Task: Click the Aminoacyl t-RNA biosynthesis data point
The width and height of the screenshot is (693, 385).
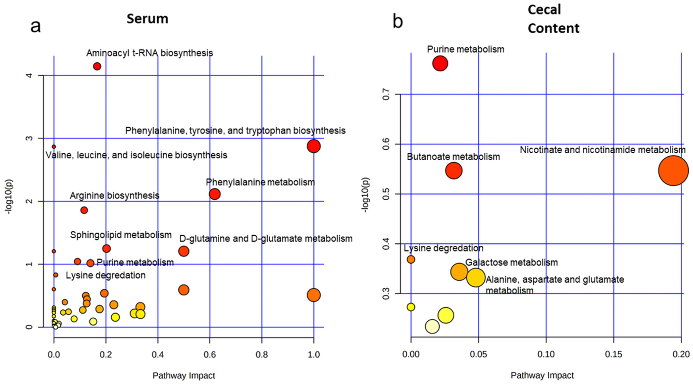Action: click(97, 66)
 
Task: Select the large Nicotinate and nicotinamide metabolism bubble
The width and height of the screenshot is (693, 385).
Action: click(673, 171)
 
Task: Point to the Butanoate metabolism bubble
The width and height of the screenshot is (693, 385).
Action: click(454, 171)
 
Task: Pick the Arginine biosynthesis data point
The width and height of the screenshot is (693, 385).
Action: click(84, 210)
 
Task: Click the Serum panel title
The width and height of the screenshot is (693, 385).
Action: click(147, 19)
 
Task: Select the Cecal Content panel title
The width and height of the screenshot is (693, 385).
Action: click(553, 19)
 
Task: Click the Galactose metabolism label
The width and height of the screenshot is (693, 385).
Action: click(511, 262)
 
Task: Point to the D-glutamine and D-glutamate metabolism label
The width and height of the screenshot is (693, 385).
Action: click(266, 239)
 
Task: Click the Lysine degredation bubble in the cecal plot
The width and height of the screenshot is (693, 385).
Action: click(411, 259)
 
